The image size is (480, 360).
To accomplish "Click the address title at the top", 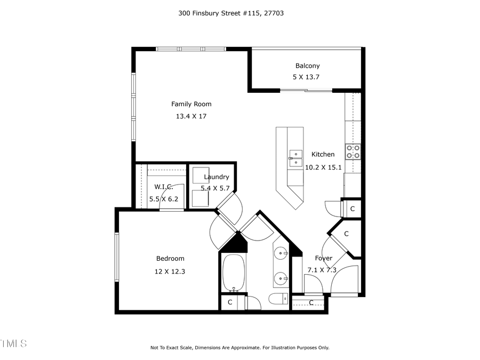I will click(x=230, y=13).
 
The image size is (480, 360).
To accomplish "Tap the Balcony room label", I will click(x=307, y=66).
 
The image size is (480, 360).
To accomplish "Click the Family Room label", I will click(x=191, y=104).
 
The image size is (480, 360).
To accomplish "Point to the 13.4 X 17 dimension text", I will click(x=191, y=116).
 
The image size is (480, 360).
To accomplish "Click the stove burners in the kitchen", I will click(x=353, y=151).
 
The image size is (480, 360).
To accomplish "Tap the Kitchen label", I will click(x=323, y=154).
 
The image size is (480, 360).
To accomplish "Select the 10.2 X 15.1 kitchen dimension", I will click(x=323, y=166).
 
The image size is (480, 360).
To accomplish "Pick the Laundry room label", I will click(x=216, y=177).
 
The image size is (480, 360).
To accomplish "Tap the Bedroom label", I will click(x=170, y=259).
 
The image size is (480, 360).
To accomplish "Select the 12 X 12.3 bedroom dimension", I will click(x=170, y=271).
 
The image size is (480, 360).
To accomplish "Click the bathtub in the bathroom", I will click(x=233, y=273).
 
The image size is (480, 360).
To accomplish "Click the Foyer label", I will click(x=323, y=258).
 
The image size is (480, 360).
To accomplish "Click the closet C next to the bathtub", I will click(x=230, y=302).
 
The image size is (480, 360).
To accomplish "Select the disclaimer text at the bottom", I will click(x=239, y=348).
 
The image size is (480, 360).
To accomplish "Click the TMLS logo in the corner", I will click(x=13, y=342).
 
